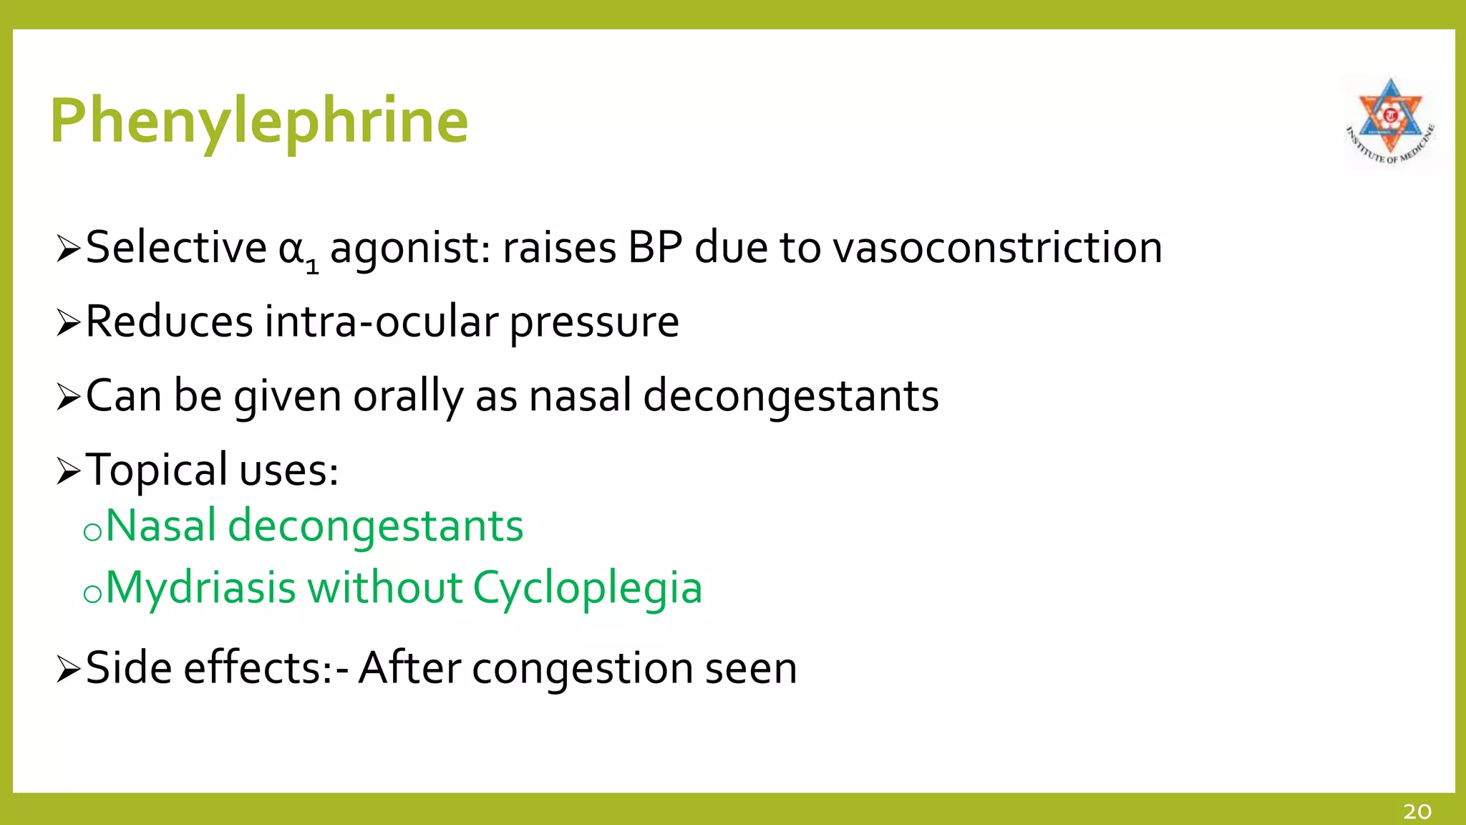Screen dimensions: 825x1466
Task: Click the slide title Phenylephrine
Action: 259,120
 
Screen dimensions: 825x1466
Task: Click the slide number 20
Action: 1417,811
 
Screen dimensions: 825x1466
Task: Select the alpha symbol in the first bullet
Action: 291,249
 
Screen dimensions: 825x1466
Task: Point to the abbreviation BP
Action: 655,248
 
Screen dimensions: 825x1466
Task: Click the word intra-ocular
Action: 381,322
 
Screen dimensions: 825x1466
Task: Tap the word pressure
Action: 594,324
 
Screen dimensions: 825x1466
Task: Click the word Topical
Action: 157,471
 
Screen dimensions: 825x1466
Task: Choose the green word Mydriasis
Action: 200,589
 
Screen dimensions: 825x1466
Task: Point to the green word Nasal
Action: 160,526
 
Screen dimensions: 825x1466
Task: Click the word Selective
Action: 176,248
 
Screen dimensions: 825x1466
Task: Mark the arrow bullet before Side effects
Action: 68,670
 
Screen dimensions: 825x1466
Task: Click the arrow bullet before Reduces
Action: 68,323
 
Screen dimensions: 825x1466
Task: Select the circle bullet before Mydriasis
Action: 92,594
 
